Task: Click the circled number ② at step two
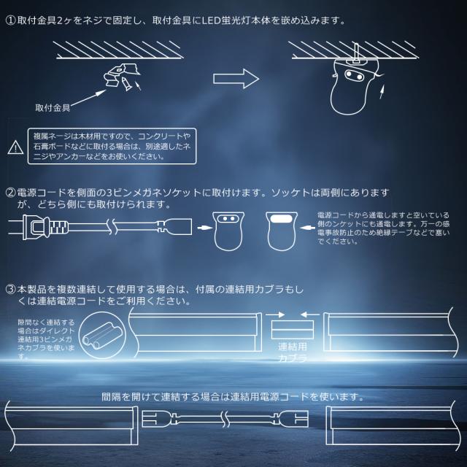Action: click(x=9, y=193)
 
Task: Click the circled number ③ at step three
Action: click(x=9, y=290)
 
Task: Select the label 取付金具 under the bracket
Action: click(x=52, y=107)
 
